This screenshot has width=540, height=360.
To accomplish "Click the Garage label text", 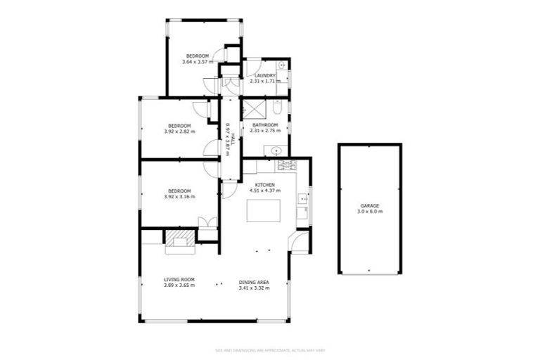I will point(370,206).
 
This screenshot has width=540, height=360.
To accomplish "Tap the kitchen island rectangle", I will point(263,211).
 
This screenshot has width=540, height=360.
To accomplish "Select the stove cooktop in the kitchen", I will point(287,166).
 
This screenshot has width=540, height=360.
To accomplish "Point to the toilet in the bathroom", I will point(278,109).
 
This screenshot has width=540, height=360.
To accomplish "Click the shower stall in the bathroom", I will point(253,108).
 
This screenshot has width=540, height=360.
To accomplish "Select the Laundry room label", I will point(265,76).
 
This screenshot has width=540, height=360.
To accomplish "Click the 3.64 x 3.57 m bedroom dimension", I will point(197,63).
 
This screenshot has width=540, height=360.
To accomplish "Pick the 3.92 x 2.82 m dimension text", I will point(179,131).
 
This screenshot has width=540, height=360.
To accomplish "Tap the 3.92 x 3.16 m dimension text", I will point(179,196).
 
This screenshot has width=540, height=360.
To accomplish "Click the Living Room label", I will point(179,279).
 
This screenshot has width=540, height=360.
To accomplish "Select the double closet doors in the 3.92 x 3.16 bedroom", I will point(206,223).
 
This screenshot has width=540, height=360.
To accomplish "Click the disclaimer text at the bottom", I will point(269,349).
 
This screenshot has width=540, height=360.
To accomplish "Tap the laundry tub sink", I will point(281,65).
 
